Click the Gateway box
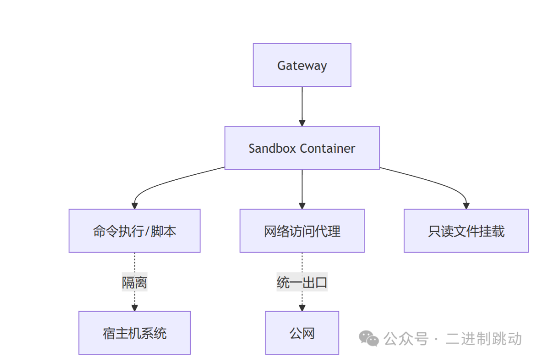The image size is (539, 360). click(x=302, y=65)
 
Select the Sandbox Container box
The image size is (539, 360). click(x=302, y=148)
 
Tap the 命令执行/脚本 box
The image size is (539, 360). click(x=134, y=231)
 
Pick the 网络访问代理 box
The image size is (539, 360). click(x=302, y=231)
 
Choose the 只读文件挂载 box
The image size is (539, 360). click(x=466, y=231)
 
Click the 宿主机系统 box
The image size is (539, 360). click(x=134, y=333)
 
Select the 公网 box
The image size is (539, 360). click(x=302, y=333)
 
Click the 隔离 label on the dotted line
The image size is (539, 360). click(x=134, y=282)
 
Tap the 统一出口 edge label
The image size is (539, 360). click(x=302, y=282)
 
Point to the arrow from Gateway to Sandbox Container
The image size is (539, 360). click(x=302, y=106)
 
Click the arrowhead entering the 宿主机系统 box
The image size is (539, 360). click(x=134, y=308)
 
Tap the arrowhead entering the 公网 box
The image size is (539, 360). click(x=302, y=308)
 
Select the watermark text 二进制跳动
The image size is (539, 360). click(x=484, y=339)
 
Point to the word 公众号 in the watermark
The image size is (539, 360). click(x=406, y=339)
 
